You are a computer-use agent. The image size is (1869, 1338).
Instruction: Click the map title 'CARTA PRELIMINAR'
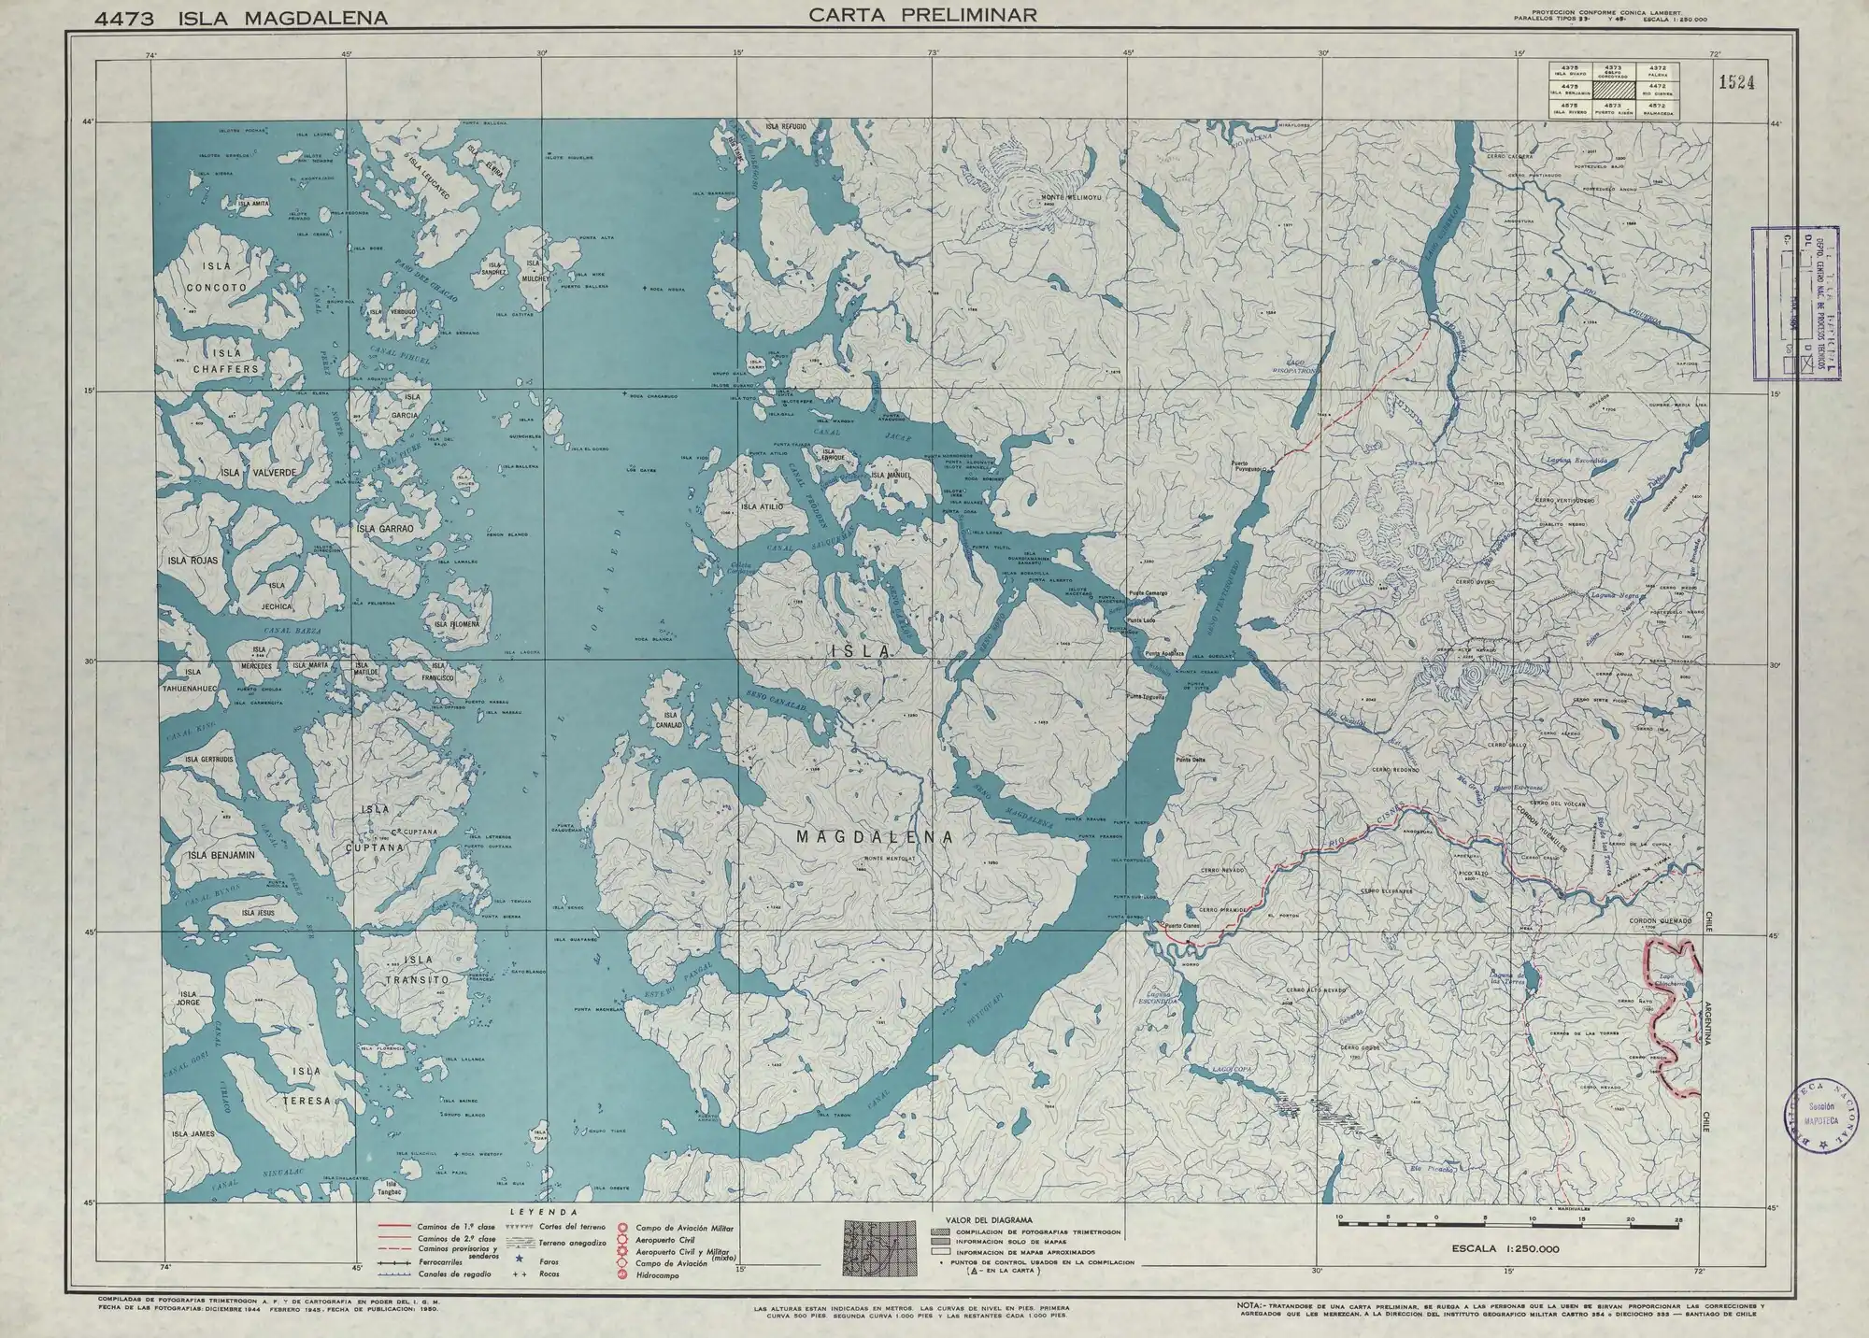tap(922, 14)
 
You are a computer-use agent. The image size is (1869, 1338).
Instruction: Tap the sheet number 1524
tap(1734, 82)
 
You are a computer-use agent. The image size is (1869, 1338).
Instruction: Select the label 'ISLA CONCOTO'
tap(216, 277)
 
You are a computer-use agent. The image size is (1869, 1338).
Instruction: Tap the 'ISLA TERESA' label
tap(308, 1086)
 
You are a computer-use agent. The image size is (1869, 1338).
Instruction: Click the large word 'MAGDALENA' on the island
tap(875, 838)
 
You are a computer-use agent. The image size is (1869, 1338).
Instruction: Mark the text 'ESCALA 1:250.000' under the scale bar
tap(1505, 1248)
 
